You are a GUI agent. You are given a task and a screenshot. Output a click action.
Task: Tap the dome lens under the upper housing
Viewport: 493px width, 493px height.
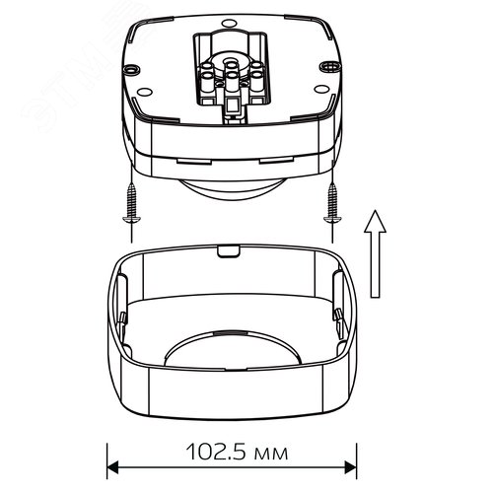[233, 189]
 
